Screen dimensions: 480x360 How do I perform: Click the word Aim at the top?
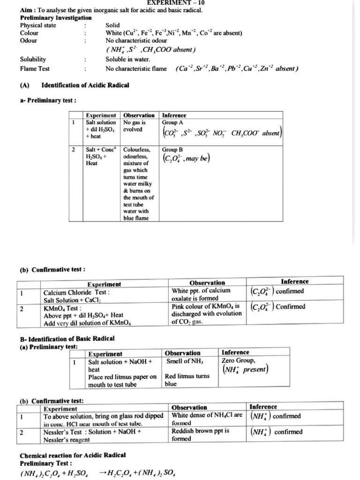(26, 10)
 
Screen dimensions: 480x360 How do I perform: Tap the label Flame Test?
(35, 69)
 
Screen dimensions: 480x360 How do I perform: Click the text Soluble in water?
(128, 60)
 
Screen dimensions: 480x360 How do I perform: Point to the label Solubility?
(33, 60)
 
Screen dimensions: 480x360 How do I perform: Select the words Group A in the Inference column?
(173, 122)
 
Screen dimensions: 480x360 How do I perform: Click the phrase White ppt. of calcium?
(201, 291)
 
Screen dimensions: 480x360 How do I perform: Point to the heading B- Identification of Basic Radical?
(67, 338)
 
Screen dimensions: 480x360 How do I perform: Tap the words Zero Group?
(239, 360)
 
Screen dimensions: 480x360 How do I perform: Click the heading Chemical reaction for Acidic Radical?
(72, 455)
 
